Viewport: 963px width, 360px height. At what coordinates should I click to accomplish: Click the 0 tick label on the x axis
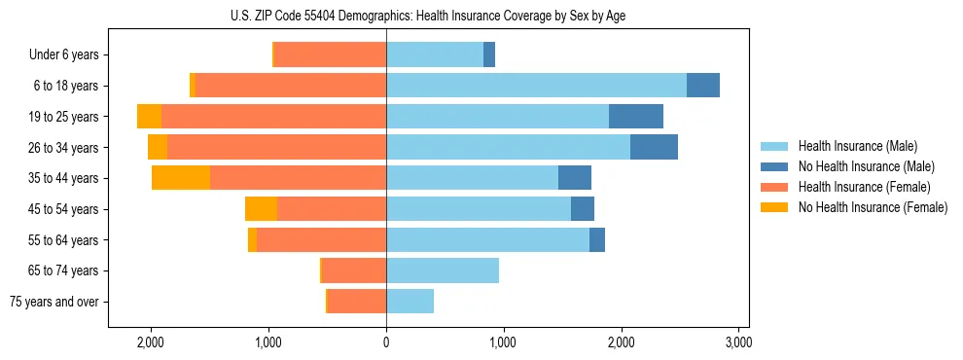coord(386,342)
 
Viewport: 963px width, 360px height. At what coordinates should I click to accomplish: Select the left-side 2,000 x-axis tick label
coord(151,342)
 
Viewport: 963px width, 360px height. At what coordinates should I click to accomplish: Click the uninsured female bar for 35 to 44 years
coord(181,178)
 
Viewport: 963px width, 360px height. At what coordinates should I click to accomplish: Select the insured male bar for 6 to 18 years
coord(536,86)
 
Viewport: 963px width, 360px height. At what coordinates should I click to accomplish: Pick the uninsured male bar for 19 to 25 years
coord(636,117)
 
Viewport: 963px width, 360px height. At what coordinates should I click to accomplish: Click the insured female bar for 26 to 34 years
coord(276,147)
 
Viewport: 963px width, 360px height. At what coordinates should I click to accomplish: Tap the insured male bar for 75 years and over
coord(410,302)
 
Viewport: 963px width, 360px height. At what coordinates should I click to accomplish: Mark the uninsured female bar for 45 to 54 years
coord(261,209)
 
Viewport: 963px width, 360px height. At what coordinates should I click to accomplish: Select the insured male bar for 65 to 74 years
coord(443,270)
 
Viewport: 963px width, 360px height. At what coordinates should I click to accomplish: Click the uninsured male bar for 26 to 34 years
coord(654,147)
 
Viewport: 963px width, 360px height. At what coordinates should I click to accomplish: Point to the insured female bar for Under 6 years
coord(331,55)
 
